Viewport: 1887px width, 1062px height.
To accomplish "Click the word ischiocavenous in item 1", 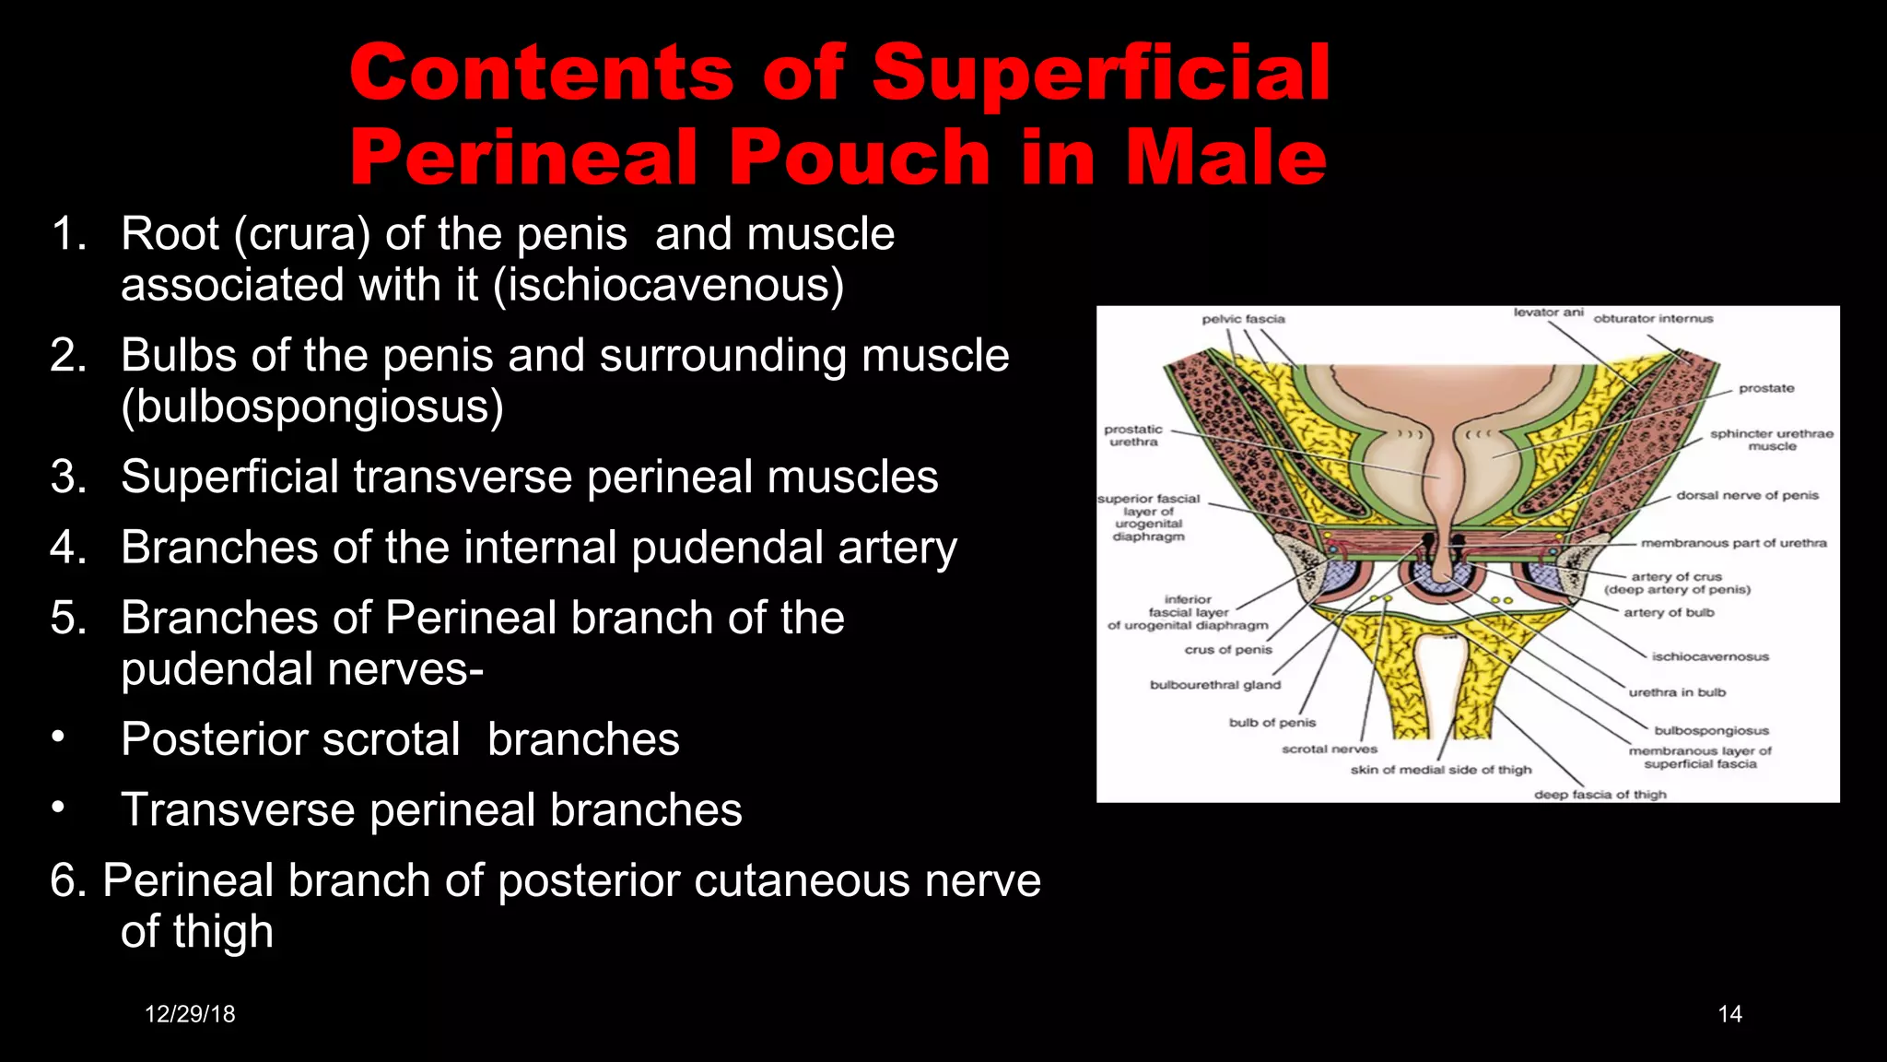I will tap(668, 285).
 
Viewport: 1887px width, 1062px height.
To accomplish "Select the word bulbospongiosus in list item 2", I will tap(312, 407).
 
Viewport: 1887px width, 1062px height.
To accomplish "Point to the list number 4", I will tap(68, 548).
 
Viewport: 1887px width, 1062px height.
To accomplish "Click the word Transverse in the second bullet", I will tap(238, 810).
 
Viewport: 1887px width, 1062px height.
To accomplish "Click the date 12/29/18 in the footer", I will tap(190, 1014).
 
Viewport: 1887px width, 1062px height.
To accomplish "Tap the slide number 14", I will tap(1729, 1014).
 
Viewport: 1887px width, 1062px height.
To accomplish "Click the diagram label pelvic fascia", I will tap(1243, 319).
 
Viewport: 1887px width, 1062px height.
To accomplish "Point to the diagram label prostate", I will tap(1765, 388).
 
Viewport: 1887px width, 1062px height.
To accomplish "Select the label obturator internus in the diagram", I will tap(1653, 319).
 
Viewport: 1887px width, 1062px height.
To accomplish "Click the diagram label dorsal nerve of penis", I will tap(1747, 495).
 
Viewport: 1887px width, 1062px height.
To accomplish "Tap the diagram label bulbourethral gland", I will tap(1214, 685).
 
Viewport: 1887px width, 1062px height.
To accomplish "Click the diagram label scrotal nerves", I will tap(1329, 749).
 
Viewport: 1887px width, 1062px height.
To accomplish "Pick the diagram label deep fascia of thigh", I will tap(1600, 795).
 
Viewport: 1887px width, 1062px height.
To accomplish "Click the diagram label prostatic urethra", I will tap(1133, 436).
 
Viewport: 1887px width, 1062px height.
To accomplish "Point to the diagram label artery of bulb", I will tap(1669, 612).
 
